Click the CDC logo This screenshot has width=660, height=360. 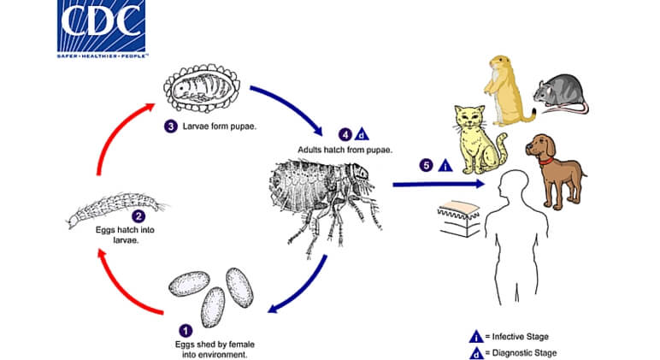[101, 27]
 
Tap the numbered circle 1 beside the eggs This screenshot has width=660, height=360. [186, 331]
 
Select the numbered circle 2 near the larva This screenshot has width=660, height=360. [138, 216]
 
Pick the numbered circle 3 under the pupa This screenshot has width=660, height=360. [170, 127]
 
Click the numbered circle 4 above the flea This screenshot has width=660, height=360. [345, 135]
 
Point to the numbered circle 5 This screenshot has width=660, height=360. [426, 166]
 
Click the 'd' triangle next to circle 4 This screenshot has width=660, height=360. [362, 135]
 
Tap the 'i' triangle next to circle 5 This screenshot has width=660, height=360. [445, 166]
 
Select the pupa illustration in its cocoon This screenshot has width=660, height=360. [202, 88]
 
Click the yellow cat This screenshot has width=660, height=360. [480, 140]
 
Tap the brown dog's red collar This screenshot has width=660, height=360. [547, 161]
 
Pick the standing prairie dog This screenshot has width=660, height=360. [506, 91]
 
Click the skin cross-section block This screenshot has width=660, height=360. [458, 218]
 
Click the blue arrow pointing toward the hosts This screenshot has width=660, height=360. [439, 184]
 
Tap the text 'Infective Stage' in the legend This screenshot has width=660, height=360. [521, 337]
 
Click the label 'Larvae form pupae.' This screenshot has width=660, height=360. [220, 127]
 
